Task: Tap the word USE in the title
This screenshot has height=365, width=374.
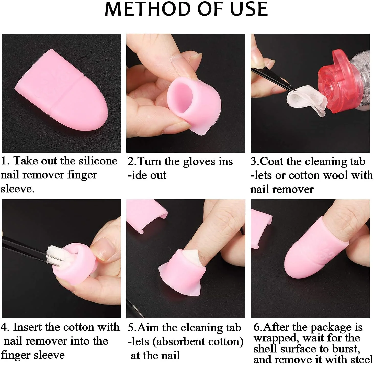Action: pyautogui.click(x=249, y=9)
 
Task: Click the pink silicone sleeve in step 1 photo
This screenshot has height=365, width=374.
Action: pyautogui.click(x=61, y=90)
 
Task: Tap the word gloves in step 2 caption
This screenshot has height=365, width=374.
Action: pyautogui.click(x=199, y=162)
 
